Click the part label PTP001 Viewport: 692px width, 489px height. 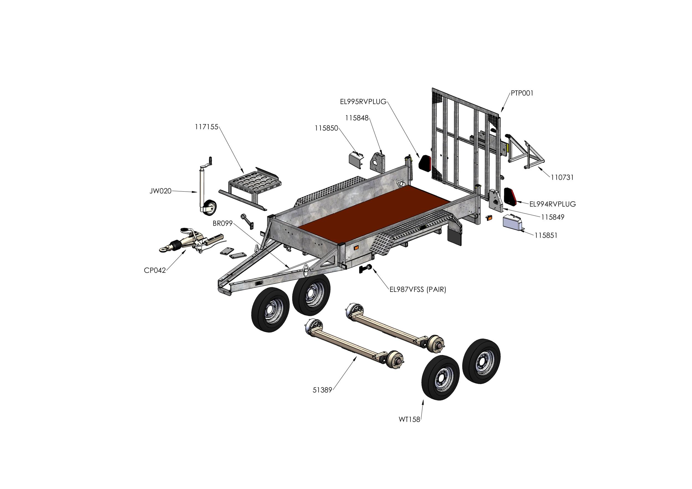(522, 94)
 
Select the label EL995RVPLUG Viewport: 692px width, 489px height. (363, 102)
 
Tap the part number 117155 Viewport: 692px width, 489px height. (206, 127)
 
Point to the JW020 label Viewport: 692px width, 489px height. (160, 191)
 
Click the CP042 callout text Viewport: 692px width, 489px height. (155, 271)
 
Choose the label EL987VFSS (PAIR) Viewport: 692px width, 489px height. (418, 290)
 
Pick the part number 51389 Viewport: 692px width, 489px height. (322, 390)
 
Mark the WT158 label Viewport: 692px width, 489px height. (409, 419)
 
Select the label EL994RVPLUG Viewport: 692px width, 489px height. (552, 204)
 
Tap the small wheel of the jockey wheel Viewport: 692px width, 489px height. (210, 208)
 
